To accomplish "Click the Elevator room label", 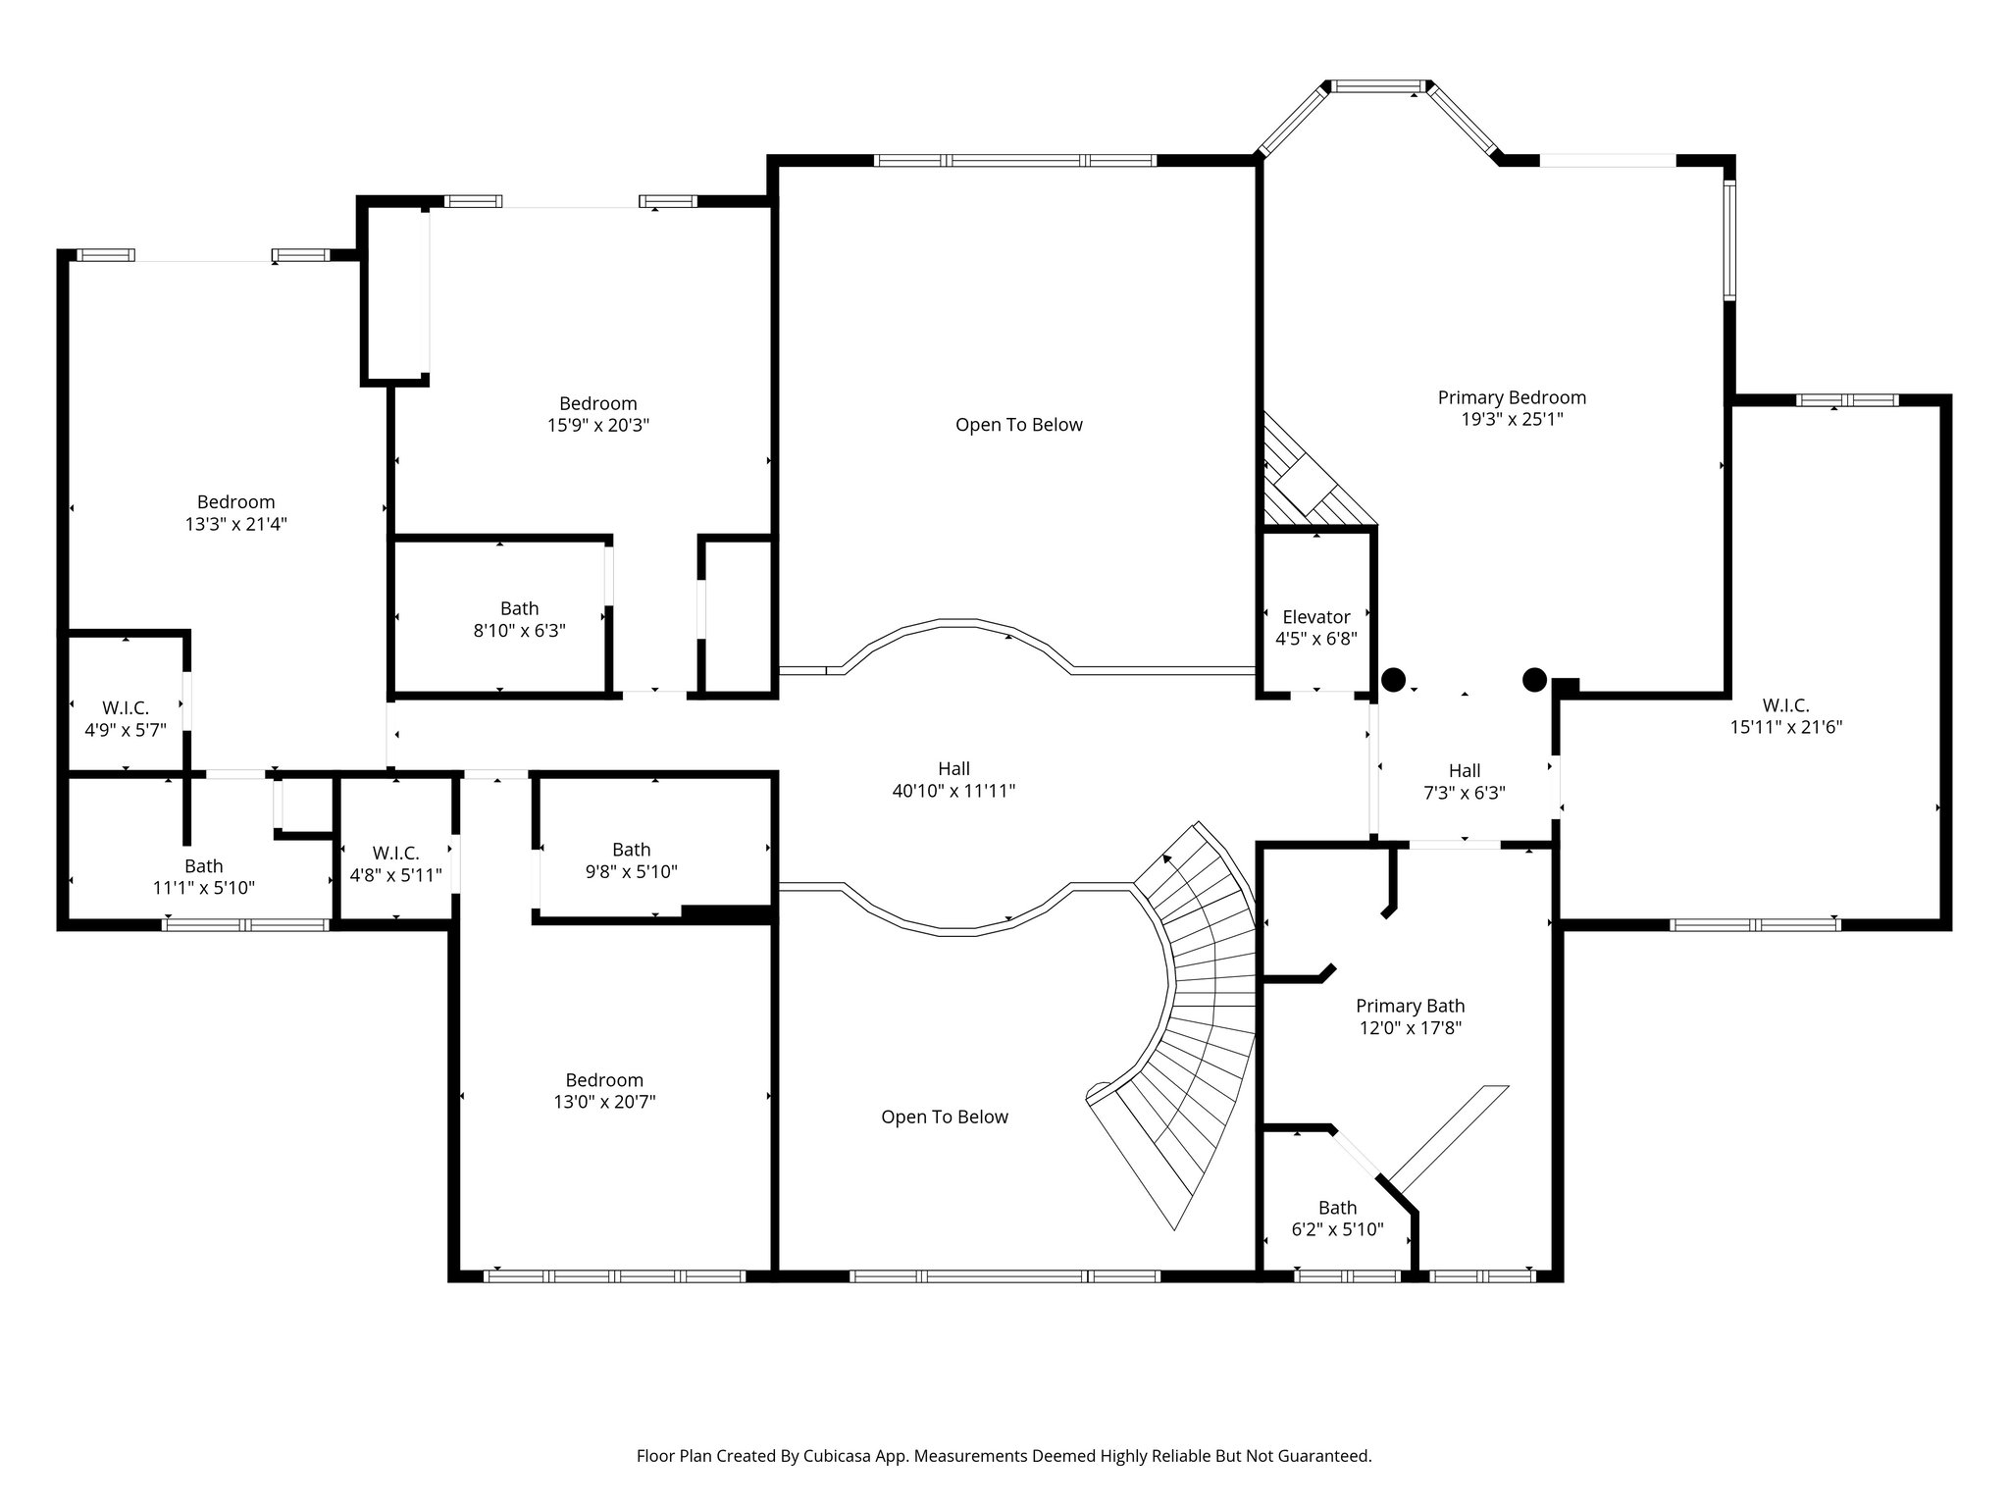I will coord(1315,617).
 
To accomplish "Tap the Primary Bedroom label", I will coord(1511,397).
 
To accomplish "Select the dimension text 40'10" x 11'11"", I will coord(953,791).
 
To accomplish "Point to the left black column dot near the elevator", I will coord(1393,679).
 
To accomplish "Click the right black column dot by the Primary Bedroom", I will coord(1533,679).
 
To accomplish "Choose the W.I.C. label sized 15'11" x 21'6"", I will coord(1784,705).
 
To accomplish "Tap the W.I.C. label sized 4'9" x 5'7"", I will coord(126,708).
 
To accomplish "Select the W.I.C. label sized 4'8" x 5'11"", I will coord(395,854).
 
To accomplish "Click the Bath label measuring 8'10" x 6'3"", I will coord(519,608).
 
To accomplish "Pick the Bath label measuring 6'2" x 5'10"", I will coord(1337,1208).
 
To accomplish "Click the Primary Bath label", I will coord(1410,1006).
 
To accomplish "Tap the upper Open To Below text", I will coord(1018,425).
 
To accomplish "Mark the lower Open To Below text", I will coord(944,1117).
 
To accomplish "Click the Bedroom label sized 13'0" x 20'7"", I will coord(603,1080).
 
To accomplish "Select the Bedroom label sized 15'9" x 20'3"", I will coord(597,403).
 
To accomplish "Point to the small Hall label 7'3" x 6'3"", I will coord(1464,771).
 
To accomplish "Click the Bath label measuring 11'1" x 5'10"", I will coord(203,866).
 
